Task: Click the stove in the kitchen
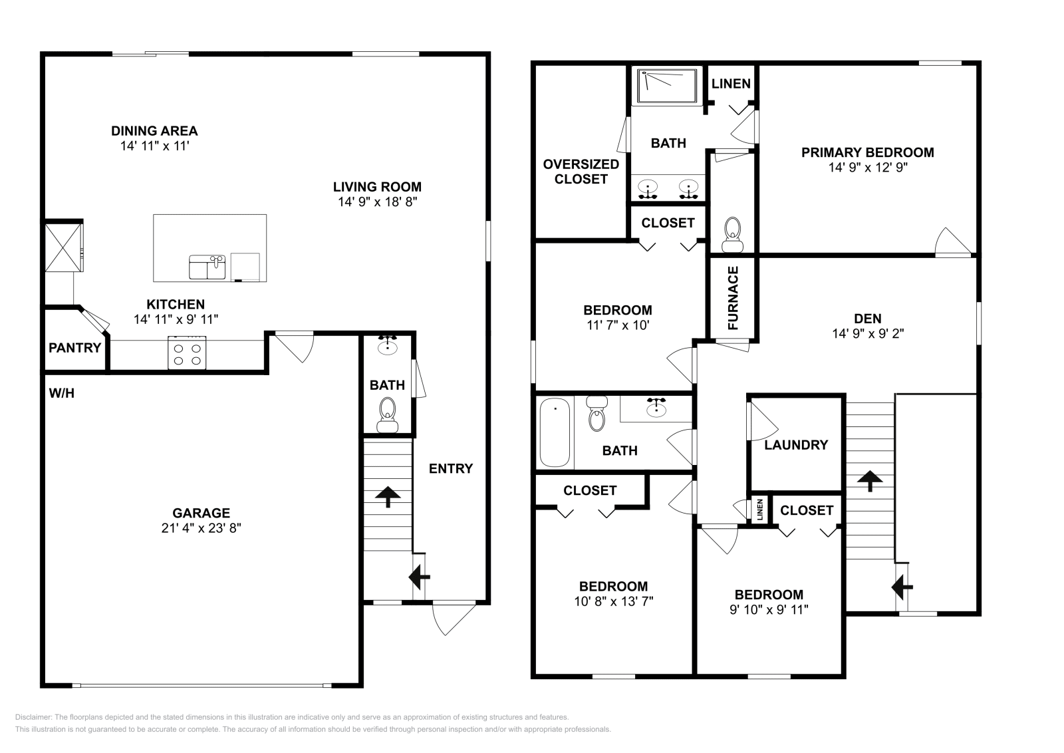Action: pyautogui.click(x=186, y=353)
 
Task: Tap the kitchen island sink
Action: pyautogui.click(x=207, y=267)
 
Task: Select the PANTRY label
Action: pyautogui.click(x=74, y=348)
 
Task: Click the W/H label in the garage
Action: pyautogui.click(x=61, y=394)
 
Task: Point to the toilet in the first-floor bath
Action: pyautogui.click(x=386, y=415)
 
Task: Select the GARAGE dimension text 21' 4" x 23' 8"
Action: pyautogui.click(x=201, y=528)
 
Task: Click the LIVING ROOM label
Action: pyautogui.click(x=377, y=187)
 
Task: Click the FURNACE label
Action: pyautogui.click(x=733, y=298)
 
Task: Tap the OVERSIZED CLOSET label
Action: pyautogui.click(x=581, y=172)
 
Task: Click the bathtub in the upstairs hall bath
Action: pyautogui.click(x=555, y=432)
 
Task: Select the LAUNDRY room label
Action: pyautogui.click(x=796, y=445)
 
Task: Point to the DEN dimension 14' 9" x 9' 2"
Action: pyautogui.click(x=868, y=334)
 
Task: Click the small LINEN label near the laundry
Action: pyautogui.click(x=759, y=510)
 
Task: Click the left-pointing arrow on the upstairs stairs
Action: pyautogui.click(x=902, y=587)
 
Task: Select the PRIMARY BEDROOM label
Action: pyautogui.click(x=867, y=152)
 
